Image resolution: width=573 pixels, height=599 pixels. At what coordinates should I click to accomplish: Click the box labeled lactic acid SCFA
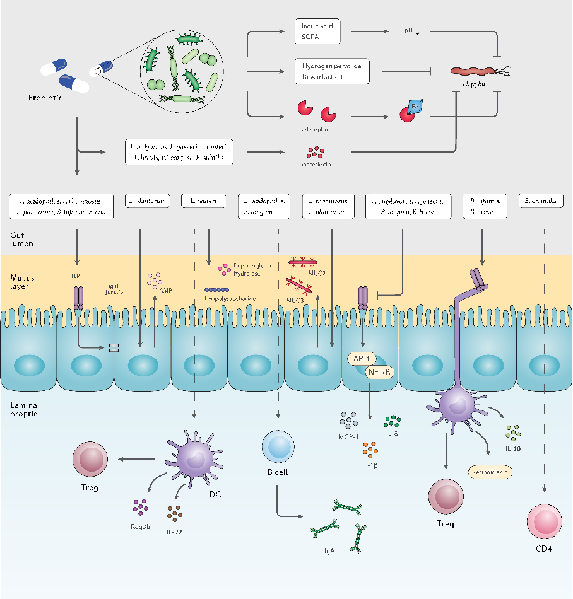pos(317,32)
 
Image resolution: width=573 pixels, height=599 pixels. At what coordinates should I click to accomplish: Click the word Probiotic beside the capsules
pos(45,98)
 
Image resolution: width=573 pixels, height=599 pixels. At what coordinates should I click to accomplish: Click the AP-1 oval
pos(362,358)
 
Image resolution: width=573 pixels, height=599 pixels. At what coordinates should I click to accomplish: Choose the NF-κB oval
pos(381,372)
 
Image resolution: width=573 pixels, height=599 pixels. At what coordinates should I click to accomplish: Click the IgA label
pos(329,550)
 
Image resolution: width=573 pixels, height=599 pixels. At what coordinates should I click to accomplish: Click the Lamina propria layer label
pos(24,409)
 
